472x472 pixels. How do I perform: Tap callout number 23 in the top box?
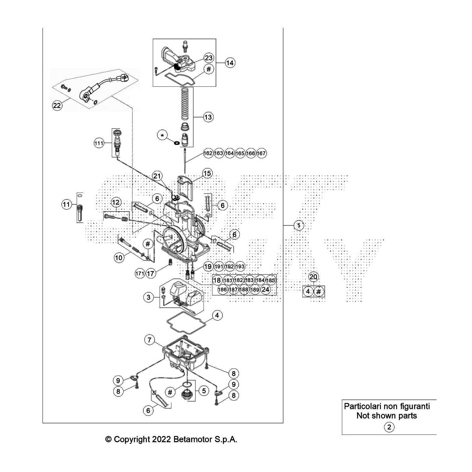click(x=209, y=58)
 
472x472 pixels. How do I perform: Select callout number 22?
click(x=57, y=105)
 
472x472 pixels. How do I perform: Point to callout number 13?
click(x=208, y=117)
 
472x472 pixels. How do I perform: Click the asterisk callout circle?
click(x=162, y=135)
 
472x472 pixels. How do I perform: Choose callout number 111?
click(x=99, y=143)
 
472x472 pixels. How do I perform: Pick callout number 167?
click(x=261, y=153)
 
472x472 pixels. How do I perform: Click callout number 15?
click(x=207, y=173)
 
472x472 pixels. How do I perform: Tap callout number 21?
click(x=157, y=176)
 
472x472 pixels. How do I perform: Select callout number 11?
click(x=66, y=204)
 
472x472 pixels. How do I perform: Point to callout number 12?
click(x=116, y=202)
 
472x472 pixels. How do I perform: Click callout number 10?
click(x=119, y=258)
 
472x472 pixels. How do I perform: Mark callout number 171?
click(x=140, y=273)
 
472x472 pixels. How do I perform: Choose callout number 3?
click(x=148, y=297)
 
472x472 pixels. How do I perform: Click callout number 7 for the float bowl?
click(x=150, y=340)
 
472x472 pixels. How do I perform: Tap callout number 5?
click(x=204, y=391)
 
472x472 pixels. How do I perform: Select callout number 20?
click(x=313, y=277)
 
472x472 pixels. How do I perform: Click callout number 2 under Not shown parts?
click(x=389, y=427)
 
